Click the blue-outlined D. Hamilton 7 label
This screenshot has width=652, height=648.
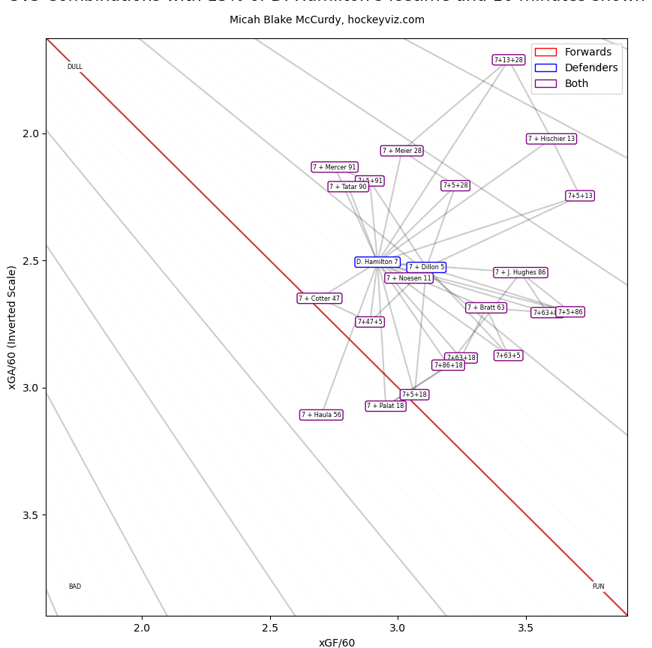(x=377, y=262)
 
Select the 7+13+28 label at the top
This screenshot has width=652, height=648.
(x=508, y=60)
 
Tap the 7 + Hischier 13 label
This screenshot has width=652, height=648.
(x=551, y=139)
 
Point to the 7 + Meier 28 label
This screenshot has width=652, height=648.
(x=401, y=151)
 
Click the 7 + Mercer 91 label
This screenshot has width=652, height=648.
(x=335, y=167)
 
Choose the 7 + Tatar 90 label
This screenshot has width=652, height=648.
(x=348, y=187)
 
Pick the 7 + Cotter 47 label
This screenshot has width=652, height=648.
(x=320, y=298)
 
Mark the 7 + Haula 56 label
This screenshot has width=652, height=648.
(x=321, y=415)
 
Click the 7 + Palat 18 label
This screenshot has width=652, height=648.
(x=385, y=406)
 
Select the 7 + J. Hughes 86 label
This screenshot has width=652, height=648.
(x=520, y=272)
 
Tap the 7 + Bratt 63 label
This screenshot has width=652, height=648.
(x=486, y=307)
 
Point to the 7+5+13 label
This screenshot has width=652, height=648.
(x=579, y=196)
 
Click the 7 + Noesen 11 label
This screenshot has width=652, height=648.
(x=409, y=278)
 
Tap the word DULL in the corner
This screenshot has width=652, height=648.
(x=75, y=67)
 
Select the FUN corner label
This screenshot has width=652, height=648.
(x=598, y=586)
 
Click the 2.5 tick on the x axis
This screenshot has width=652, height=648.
(x=270, y=627)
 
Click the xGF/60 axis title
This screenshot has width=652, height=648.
(x=337, y=643)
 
